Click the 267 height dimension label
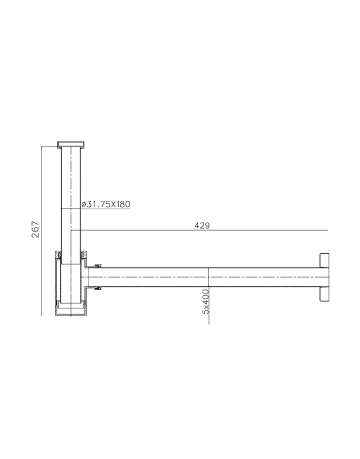click(x=36, y=229)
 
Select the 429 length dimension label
click(x=202, y=226)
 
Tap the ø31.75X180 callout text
click(x=106, y=204)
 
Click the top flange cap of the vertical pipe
click(x=71, y=144)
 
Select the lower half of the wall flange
click(x=324, y=294)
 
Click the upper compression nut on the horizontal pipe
click(x=96, y=266)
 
